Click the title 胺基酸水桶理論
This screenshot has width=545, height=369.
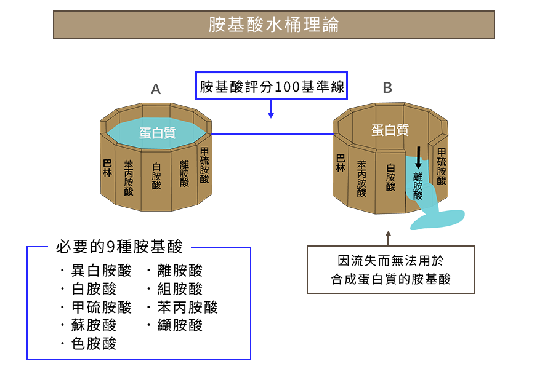[273, 25]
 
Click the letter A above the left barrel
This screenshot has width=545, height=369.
[156, 90]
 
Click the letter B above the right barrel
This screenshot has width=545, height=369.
[387, 89]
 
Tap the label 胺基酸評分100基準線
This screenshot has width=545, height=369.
[271, 87]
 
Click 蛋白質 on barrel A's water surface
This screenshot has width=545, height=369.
[157, 133]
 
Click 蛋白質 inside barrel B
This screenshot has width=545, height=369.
[390, 130]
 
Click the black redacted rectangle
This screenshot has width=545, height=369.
[390, 269]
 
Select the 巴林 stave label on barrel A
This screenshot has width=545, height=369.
[107, 167]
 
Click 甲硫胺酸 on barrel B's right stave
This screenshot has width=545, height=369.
[442, 166]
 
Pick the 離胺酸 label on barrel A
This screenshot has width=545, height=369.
[184, 173]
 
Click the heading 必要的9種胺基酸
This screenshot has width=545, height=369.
[119, 247]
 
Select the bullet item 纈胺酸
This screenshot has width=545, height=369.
[180, 325]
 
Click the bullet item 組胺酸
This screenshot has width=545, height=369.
[180, 289]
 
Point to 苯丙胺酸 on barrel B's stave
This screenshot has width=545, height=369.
[361, 178]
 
